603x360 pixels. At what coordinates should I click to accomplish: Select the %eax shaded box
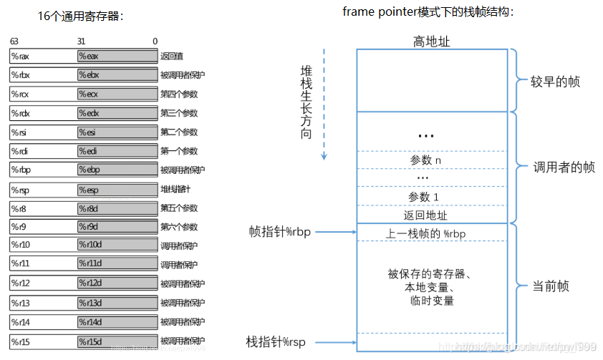pyautogui.click(x=117, y=56)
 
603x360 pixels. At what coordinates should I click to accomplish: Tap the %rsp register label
pyautogui.click(x=19, y=190)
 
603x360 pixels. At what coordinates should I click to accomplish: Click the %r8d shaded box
pyautogui.click(x=117, y=208)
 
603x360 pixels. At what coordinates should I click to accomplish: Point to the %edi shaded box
pyautogui.click(x=117, y=151)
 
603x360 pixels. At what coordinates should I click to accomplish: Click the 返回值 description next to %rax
pyautogui.click(x=170, y=56)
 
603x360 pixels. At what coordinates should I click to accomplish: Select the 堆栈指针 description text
pyautogui.click(x=175, y=190)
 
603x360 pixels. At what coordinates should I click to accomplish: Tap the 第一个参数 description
pyautogui.click(x=178, y=151)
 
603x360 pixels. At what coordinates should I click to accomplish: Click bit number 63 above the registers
pyautogui.click(x=14, y=42)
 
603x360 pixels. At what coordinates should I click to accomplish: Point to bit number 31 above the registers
pyautogui.click(x=81, y=42)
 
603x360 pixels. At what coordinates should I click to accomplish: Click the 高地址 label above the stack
pyautogui.click(x=432, y=42)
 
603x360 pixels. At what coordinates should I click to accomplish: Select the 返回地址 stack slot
pyautogui.click(x=432, y=215)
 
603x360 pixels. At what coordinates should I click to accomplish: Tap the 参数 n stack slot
pyautogui.click(x=432, y=160)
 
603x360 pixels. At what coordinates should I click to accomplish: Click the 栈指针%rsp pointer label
pyautogui.click(x=276, y=342)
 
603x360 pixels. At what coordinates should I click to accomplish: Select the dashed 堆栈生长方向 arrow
pyautogui.click(x=324, y=104)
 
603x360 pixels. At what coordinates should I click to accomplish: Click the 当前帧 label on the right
pyautogui.click(x=551, y=286)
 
